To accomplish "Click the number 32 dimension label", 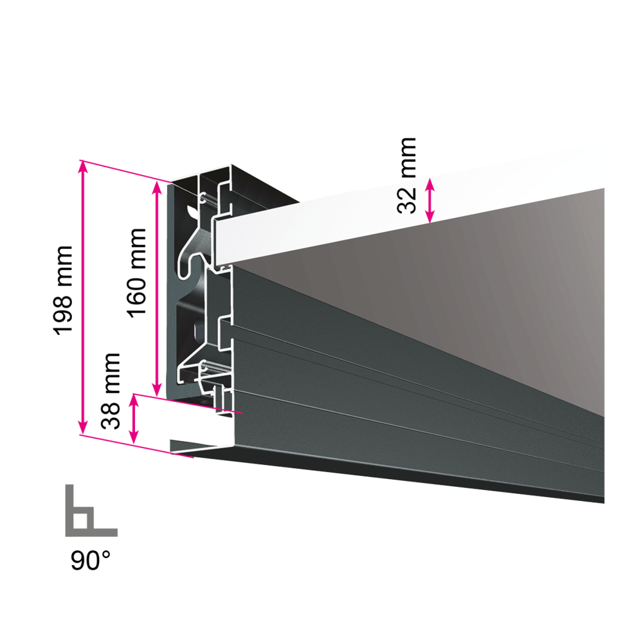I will [x=407, y=200].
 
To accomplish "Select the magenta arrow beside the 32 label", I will [x=430, y=201].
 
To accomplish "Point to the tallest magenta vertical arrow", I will [x=82, y=296].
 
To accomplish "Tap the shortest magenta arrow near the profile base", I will [x=133, y=419].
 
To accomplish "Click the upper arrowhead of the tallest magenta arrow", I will [x=82, y=166].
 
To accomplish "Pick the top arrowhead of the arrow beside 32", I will [x=430, y=184].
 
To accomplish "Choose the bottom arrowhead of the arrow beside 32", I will [x=430, y=218].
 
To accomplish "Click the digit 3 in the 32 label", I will [x=407, y=207].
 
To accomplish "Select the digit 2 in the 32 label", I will [x=407, y=193].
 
